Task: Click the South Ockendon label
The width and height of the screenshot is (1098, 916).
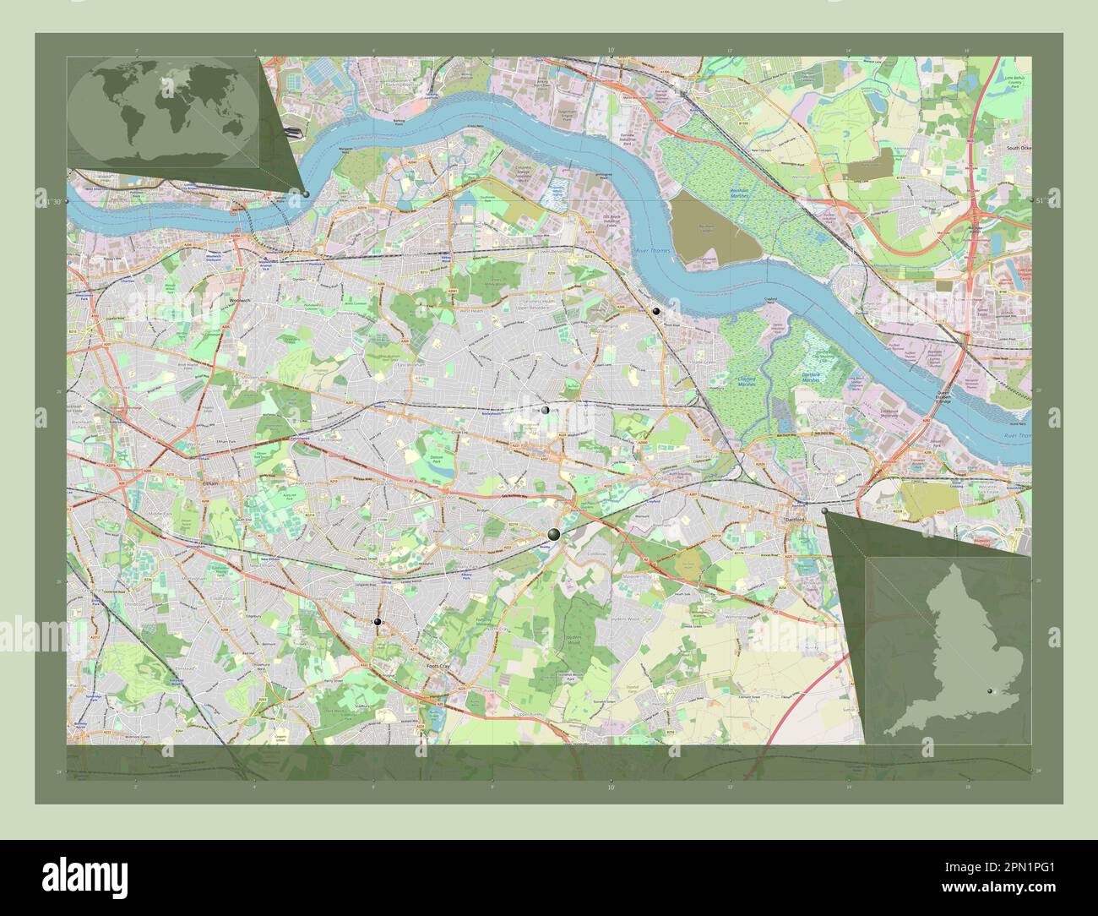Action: click(1019, 147)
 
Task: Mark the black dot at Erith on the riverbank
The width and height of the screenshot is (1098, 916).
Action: click(656, 311)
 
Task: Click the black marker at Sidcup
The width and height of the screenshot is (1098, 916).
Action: click(377, 622)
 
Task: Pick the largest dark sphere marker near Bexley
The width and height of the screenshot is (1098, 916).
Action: click(553, 533)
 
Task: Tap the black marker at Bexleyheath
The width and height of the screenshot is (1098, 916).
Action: click(546, 410)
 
